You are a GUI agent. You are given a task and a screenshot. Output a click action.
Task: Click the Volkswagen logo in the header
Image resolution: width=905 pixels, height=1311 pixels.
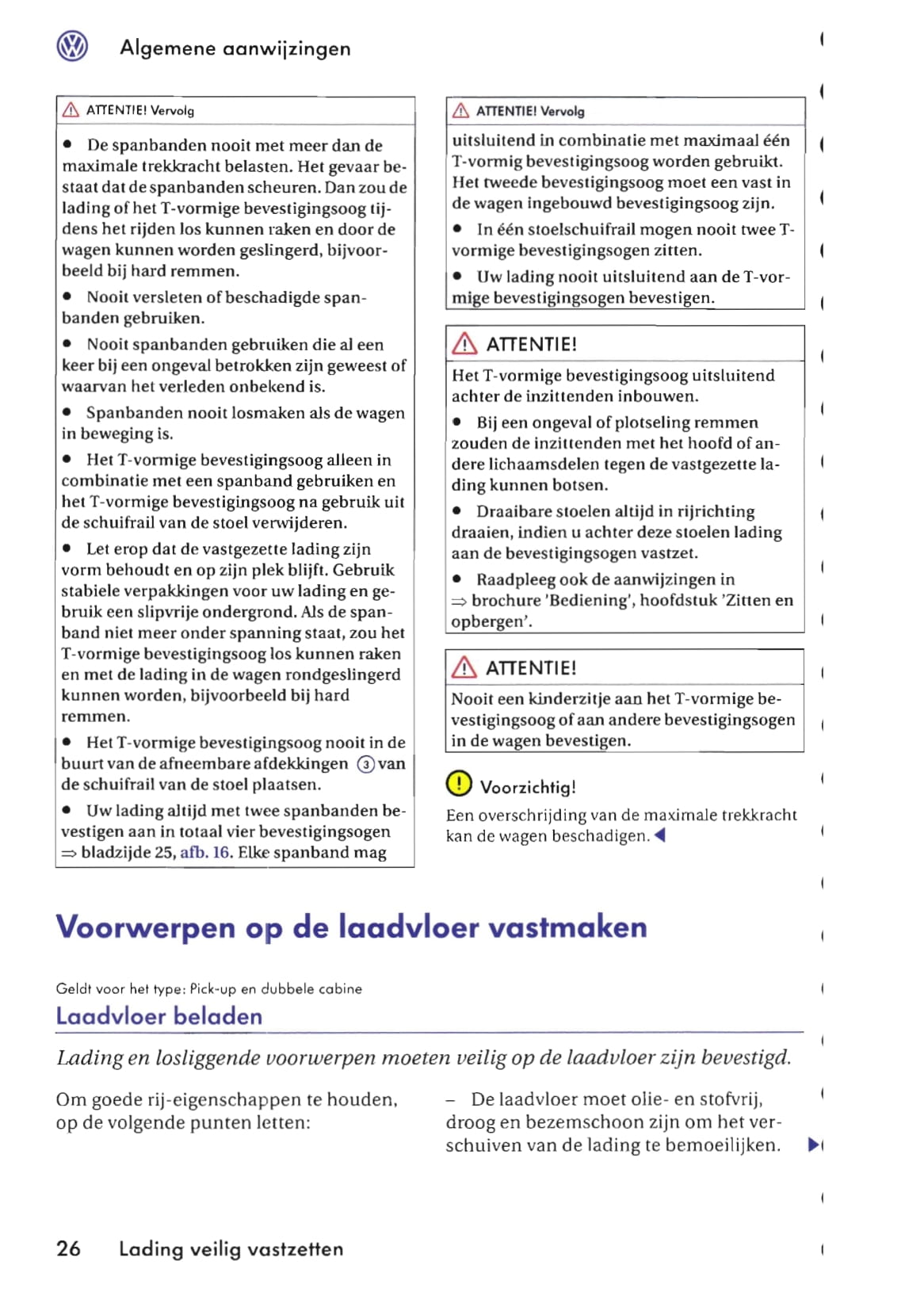[72, 47]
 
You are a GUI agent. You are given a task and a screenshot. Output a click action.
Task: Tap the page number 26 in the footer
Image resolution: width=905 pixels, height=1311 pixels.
[68, 1248]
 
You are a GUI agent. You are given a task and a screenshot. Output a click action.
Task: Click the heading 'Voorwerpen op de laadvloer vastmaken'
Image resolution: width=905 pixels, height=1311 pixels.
[351, 927]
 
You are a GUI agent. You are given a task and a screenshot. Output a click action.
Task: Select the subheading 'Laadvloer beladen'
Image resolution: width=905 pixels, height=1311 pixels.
[158, 1016]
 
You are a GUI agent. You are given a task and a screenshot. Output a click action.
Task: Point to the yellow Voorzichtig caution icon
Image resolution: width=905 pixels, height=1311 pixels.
[459, 783]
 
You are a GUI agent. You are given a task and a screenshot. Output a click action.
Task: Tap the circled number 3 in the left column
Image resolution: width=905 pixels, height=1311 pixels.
[365, 764]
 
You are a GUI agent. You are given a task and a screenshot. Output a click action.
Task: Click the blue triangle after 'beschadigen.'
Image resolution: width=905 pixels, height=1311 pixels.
[660, 835]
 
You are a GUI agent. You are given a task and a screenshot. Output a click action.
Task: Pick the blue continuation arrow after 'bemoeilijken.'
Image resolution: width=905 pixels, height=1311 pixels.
[813, 1145]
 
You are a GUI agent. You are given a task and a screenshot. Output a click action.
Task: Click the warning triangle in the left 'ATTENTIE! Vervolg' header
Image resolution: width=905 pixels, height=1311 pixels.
[71, 110]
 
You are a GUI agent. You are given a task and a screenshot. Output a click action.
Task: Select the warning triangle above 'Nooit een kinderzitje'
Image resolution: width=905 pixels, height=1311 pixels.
[464, 667]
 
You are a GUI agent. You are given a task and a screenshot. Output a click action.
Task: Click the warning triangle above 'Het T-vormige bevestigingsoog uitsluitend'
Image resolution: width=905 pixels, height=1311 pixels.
[464, 344]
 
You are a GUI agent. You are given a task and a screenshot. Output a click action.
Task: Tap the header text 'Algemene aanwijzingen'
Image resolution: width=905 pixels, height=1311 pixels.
[235, 48]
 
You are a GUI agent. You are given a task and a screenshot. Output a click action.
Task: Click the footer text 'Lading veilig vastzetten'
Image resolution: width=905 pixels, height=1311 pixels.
[231, 1249]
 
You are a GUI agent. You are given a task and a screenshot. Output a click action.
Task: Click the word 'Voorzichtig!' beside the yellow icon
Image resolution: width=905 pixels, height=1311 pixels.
[528, 787]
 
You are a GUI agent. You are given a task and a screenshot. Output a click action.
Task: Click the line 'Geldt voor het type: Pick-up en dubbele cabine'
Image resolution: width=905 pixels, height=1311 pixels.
[208, 988]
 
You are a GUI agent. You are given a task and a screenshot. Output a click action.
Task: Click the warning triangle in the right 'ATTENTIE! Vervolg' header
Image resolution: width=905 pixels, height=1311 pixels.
[460, 111]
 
